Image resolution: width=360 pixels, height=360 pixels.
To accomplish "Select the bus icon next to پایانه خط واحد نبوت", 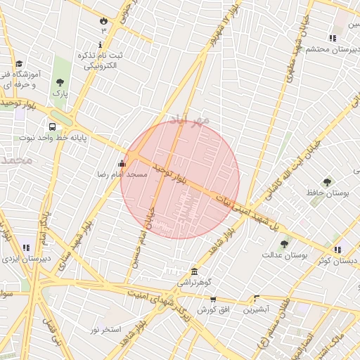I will point(53,127).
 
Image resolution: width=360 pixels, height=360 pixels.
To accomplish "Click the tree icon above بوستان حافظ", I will point(327,182).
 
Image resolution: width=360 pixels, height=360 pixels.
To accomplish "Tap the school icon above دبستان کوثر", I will point(337,249).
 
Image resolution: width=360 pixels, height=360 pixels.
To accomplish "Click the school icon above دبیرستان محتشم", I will point(332,38).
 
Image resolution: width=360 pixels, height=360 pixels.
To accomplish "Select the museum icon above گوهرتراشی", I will point(194,271).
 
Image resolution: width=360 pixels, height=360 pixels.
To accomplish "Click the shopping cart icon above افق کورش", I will point(212,300).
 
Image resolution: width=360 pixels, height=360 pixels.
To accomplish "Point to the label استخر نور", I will point(105,329).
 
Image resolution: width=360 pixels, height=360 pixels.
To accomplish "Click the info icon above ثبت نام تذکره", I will point(100,44).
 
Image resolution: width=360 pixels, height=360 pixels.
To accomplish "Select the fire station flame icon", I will point(103,20).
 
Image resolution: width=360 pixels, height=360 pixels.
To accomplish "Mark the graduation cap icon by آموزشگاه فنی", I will point(18,63).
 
